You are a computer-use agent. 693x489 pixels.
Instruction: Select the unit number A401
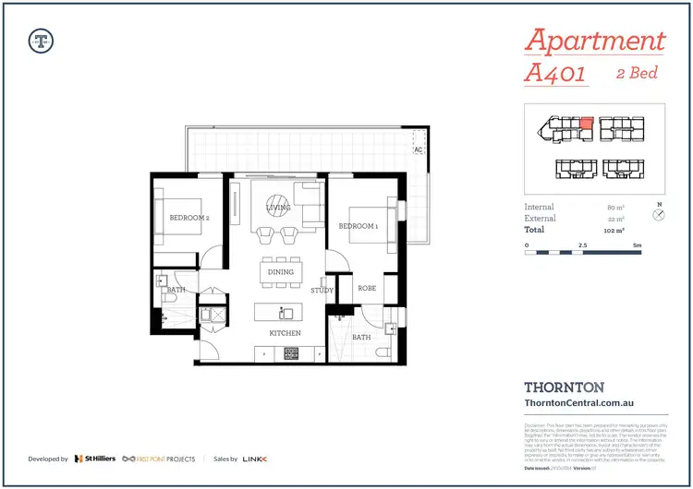point(555,74)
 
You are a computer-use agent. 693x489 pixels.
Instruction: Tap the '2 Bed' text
point(637,73)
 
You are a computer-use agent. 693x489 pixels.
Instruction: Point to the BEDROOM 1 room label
point(358,226)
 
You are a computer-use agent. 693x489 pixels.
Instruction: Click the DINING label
point(281,272)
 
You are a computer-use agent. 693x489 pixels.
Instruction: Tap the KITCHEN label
point(285,332)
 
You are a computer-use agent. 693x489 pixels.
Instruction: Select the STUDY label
point(322,290)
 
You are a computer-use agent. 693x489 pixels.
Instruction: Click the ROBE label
point(367,288)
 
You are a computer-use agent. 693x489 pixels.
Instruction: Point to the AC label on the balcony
point(419,149)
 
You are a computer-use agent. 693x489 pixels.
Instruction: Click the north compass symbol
point(659,215)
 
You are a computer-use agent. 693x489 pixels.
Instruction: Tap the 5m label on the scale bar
point(637,245)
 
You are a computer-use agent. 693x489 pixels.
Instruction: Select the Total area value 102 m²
point(614,230)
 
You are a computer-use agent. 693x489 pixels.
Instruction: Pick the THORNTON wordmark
point(565,388)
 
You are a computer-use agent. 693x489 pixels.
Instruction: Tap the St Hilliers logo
point(95,459)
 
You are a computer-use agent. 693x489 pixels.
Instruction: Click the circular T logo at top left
point(41,41)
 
